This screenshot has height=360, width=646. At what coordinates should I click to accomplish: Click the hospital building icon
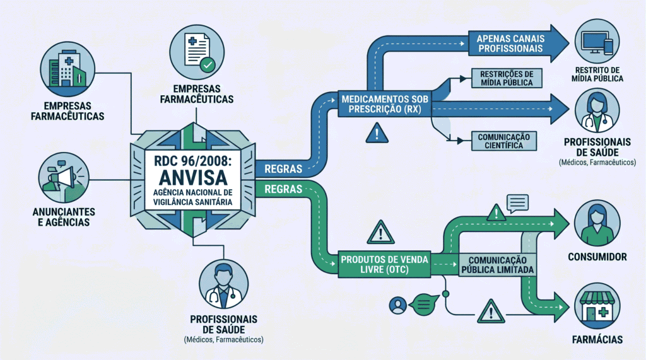68,69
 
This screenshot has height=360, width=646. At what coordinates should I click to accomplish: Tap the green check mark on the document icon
207,65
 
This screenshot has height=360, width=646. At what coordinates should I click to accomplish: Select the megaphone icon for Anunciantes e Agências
64,178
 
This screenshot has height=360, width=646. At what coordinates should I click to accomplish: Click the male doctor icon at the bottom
224,284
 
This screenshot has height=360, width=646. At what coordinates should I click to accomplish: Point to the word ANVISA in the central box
193,178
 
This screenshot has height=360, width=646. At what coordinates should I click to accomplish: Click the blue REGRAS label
283,169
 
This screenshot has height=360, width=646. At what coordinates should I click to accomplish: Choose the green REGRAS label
283,189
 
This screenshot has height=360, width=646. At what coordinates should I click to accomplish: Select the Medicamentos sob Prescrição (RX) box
385,104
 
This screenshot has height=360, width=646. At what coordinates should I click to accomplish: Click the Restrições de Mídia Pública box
507,78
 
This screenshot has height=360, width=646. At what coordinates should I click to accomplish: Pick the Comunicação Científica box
504,141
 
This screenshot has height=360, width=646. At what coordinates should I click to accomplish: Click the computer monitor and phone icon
597,41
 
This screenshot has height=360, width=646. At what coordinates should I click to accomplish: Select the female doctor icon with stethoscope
597,110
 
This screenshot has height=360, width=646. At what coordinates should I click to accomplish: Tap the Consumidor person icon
597,223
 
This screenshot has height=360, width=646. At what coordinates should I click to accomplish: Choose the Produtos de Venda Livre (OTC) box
384,264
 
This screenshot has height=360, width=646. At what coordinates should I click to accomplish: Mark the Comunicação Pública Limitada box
497,265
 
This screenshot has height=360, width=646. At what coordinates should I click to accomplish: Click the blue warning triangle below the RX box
377,133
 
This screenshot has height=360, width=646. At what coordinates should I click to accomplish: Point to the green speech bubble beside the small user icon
425,305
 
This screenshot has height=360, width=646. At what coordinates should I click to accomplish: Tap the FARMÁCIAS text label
597,340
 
